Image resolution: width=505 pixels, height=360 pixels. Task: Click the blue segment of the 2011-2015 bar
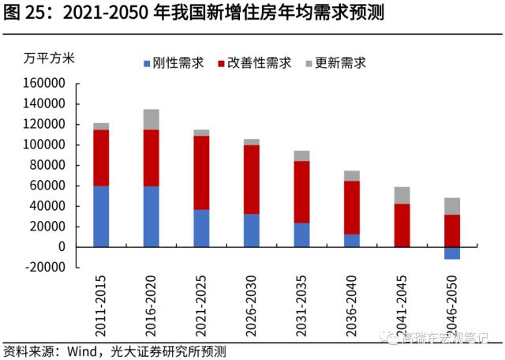pos(101,216)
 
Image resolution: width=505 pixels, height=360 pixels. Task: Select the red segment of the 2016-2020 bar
pos(151,158)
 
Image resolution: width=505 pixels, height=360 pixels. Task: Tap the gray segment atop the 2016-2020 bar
pos(151,119)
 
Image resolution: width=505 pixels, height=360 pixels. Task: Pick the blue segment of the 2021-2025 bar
pos(201,228)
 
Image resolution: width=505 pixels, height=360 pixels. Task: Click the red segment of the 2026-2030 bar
pos(252,179)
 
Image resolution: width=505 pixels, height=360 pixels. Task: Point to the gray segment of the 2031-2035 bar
pos(302,156)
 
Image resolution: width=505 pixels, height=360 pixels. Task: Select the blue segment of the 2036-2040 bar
pos(352,240)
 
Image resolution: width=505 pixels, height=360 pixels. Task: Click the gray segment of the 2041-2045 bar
pos(402,195)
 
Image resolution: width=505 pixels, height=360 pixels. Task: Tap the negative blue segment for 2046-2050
pos(452,253)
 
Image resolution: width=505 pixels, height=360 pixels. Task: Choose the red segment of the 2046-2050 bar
pos(452,231)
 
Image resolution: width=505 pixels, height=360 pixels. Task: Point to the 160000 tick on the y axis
pos(47,83)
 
